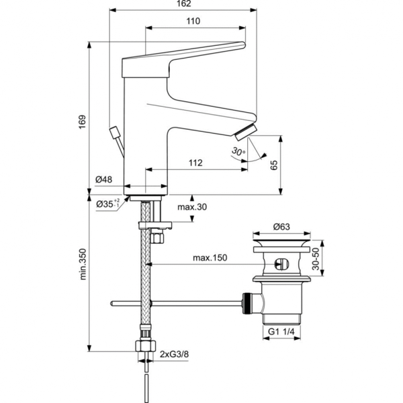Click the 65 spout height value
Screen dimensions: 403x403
point(274,165)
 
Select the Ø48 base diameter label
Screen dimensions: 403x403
point(103,179)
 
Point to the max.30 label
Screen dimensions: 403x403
point(193,207)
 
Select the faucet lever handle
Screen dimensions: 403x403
point(181,57)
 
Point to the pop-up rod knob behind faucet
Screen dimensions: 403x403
point(112,130)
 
